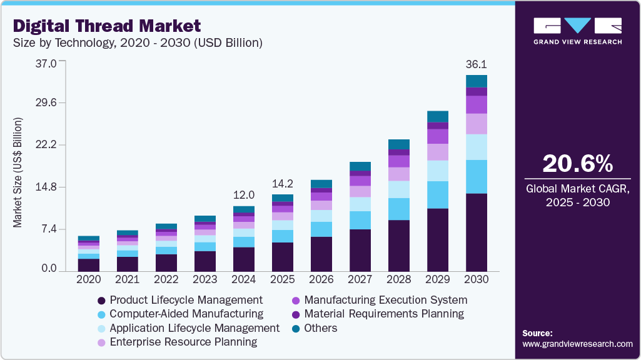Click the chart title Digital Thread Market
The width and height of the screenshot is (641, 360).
coord(107,26)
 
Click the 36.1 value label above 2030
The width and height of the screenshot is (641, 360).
coord(477,64)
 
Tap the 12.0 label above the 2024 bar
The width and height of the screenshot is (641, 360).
coord(244,195)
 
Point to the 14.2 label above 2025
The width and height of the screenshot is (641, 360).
coord(283,184)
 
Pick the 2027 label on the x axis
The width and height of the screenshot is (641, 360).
coord(360,279)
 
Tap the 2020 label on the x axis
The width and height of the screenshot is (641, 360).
coord(89,279)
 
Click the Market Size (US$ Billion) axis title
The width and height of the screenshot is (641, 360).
coord(18,172)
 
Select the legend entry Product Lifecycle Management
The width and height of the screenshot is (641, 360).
coord(186,300)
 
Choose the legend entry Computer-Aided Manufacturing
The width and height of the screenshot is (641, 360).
coord(186,314)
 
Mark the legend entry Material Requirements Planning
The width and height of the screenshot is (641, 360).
coord(384,314)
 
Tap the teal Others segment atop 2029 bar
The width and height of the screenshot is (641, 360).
coord(438,116)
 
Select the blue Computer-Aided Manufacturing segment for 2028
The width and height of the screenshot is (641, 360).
coord(399,209)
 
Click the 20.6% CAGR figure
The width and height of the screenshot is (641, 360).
coord(577,164)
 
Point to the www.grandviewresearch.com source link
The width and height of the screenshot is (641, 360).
coord(577,344)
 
